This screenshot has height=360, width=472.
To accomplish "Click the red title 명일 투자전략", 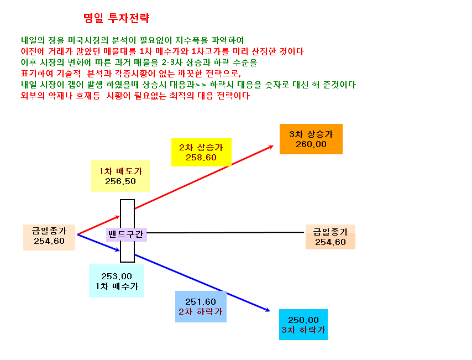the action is pyautogui.click(x=117, y=18).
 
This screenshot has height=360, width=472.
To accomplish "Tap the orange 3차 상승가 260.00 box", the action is pyautogui.click(x=311, y=139).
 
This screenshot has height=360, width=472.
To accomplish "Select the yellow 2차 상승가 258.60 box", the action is pyautogui.click(x=201, y=153).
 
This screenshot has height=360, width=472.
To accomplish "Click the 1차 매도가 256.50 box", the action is pyautogui.click(x=120, y=176).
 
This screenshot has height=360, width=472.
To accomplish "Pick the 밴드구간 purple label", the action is pyautogui.click(x=126, y=234).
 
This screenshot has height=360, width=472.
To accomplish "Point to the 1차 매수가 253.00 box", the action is pyautogui.click(x=117, y=281).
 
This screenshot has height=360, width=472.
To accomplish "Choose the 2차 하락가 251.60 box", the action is pyautogui.click(x=201, y=307).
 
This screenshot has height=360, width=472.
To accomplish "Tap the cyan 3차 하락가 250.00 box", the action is pyautogui.click(x=303, y=325).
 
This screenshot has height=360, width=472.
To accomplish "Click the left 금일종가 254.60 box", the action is pyautogui.click(x=49, y=237).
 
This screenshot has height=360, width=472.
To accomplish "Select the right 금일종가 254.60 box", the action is pyautogui.click(x=330, y=237).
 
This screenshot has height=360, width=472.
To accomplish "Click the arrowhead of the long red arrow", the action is pyautogui.click(x=271, y=147).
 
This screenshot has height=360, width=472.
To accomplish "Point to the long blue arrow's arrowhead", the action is pyautogui.click(x=268, y=310).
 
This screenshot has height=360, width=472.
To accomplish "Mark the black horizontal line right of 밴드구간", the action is pyautogui.click(x=225, y=233).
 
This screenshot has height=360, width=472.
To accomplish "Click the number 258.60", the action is pyautogui.click(x=201, y=158).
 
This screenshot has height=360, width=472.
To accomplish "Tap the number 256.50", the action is pyautogui.click(x=120, y=181).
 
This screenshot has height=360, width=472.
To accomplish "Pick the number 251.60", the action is pyautogui.click(x=201, y=302).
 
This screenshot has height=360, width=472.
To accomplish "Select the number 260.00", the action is pyautogui.click(x=311, y=144).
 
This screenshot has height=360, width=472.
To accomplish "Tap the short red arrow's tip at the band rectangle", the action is pyautogui.click(x=120, y=216).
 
